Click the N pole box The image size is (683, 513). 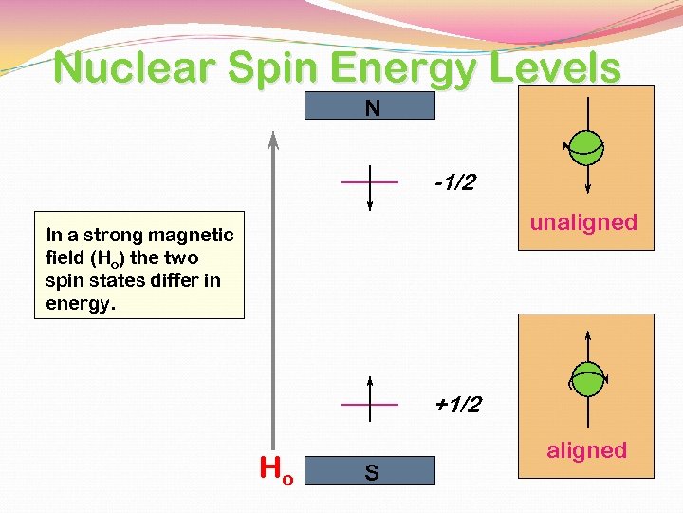[370, 106]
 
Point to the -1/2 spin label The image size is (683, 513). [456, 181]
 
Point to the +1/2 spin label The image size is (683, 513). [457, 406]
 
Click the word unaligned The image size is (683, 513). [583, 222]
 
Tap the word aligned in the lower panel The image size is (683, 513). [586, 450]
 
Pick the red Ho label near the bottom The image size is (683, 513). [276, 468]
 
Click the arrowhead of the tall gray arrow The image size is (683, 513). [272, 140]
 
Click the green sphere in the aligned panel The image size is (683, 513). [588, 378]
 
